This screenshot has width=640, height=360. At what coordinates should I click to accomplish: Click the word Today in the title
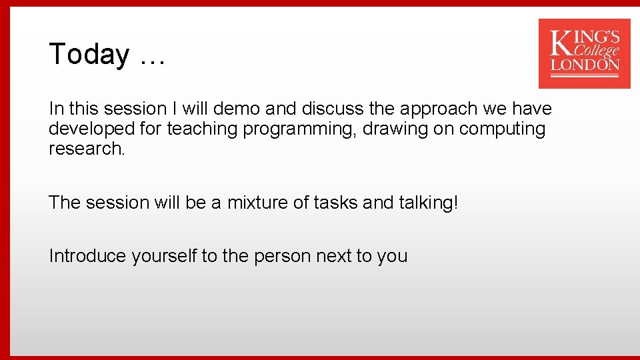89,54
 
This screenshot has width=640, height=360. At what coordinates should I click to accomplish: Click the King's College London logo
584,53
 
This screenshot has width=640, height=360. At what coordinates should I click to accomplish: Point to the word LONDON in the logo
585,65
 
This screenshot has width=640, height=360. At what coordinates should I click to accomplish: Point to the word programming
299,129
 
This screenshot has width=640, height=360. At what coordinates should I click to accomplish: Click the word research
86,149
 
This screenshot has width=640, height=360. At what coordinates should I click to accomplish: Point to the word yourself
164,256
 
